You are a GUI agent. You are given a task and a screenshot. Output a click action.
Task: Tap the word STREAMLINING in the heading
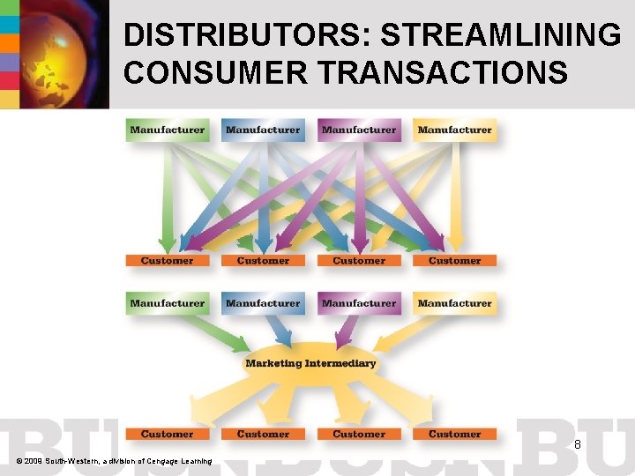click(x=500, y=35)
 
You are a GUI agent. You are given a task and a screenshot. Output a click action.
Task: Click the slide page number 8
click(x=577, y=445)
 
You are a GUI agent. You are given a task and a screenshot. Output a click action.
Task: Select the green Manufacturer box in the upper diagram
click(x=168, y=130)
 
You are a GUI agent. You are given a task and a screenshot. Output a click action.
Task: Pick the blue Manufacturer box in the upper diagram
click(x=263, y=130)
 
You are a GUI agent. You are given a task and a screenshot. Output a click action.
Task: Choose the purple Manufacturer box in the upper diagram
click(x=359, y=130)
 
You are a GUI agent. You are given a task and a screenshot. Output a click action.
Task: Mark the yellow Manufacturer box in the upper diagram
click(x=454, y=130)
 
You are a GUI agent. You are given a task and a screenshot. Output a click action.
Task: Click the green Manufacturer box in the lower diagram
click(x=168, y=303)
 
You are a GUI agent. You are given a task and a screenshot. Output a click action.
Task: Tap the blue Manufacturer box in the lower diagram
click(x=263, y=303)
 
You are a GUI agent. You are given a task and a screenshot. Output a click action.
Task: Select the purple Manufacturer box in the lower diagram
click(x=359, y=303)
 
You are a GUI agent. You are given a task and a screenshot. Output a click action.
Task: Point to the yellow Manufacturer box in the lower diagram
click(x=454, y=303)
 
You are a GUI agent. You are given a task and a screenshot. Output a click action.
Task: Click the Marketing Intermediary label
click(x=310, y=363)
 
